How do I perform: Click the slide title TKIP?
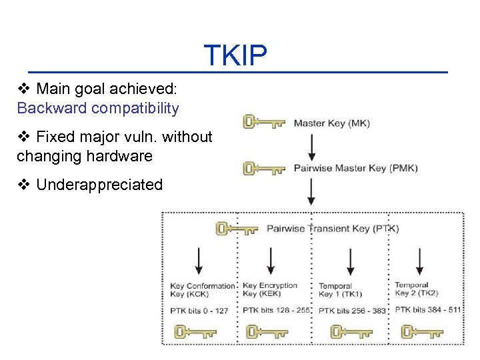click(235, 55)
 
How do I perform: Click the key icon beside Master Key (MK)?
click(265, 122)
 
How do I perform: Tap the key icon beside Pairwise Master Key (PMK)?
click(265, 168)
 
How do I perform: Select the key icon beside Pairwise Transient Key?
click(237, 229)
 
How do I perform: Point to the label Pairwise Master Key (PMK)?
click(355, 168)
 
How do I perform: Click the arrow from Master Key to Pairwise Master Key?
click(311, 145)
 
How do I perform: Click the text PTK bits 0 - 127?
click(199, 310)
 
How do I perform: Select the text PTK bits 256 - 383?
click(353, 310)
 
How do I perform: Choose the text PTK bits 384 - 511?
click(427, 309)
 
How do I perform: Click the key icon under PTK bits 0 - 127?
click(195, 331)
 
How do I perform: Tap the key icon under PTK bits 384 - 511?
click(421, 331)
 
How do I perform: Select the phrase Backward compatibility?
click(98, 108)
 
